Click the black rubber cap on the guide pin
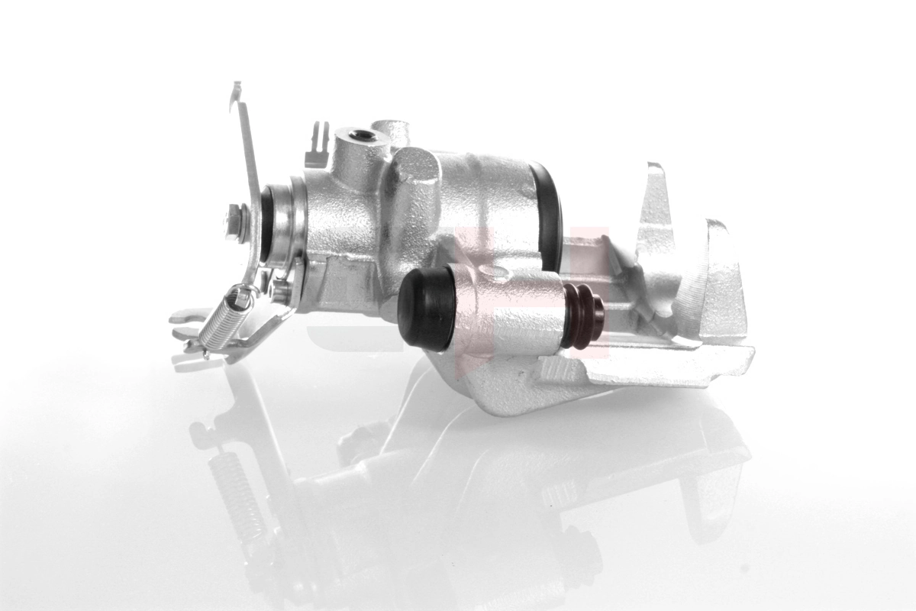coord(425,309)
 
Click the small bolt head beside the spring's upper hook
coord(279,290)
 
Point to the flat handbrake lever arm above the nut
coord(248,160)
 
